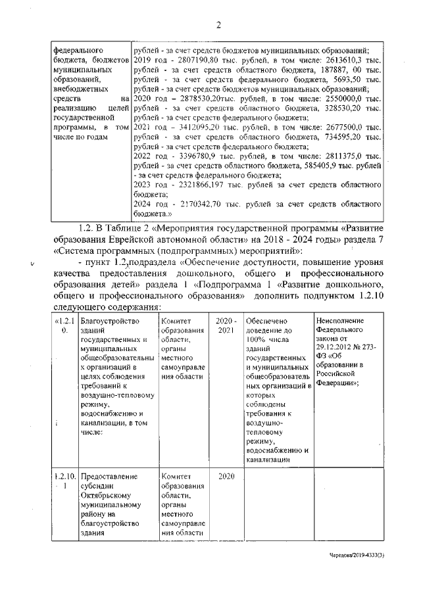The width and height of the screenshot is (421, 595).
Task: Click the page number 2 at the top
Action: click(218, 26)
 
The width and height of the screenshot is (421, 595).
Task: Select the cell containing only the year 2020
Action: click(226, 475)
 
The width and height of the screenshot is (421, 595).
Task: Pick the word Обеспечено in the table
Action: click(266, 320)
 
